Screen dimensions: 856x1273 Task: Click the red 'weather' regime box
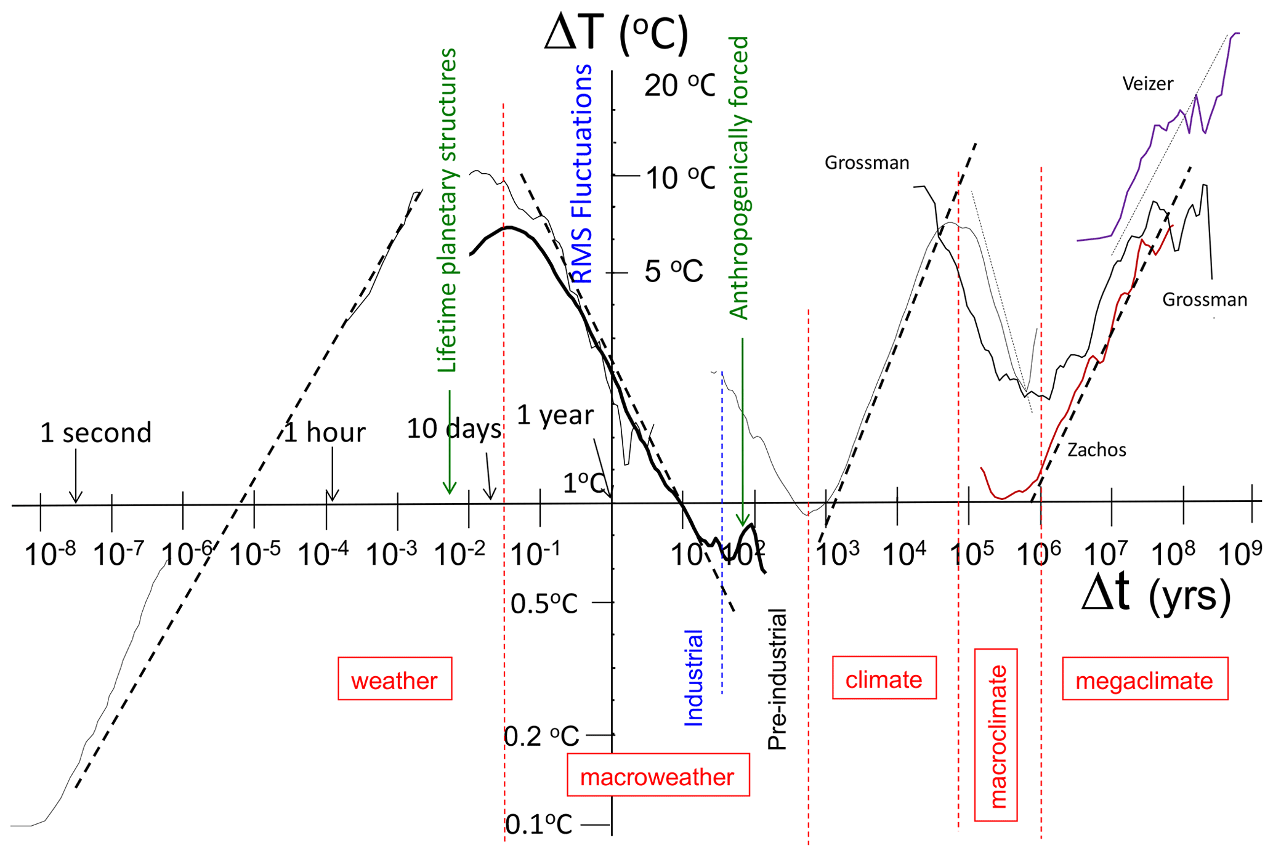coord(395,679)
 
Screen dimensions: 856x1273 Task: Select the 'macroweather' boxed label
coord(658,775)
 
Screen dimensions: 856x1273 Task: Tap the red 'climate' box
coord(884,678)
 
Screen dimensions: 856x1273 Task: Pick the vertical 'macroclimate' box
coord(996,735)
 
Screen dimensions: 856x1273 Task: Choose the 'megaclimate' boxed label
coord(1144,679)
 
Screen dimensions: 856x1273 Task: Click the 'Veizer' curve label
coord(1147,84)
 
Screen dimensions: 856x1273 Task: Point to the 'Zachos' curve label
coord(1096,450)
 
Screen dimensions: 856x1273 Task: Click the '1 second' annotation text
coord(95,433)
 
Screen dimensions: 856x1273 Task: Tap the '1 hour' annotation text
coord(325,433)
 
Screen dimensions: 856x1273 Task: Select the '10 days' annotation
coord(454,429)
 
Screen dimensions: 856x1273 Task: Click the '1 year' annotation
coord(555,415)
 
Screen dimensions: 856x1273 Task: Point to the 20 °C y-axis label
coord(679,86)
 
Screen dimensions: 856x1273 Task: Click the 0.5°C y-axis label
coord(544,604)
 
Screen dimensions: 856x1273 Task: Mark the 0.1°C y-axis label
coord(539,824)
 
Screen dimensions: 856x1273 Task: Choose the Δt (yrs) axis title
coord(1156,595)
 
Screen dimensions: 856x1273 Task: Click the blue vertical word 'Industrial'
coord(694,677)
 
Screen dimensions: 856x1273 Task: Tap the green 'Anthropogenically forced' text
coord(738,177)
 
